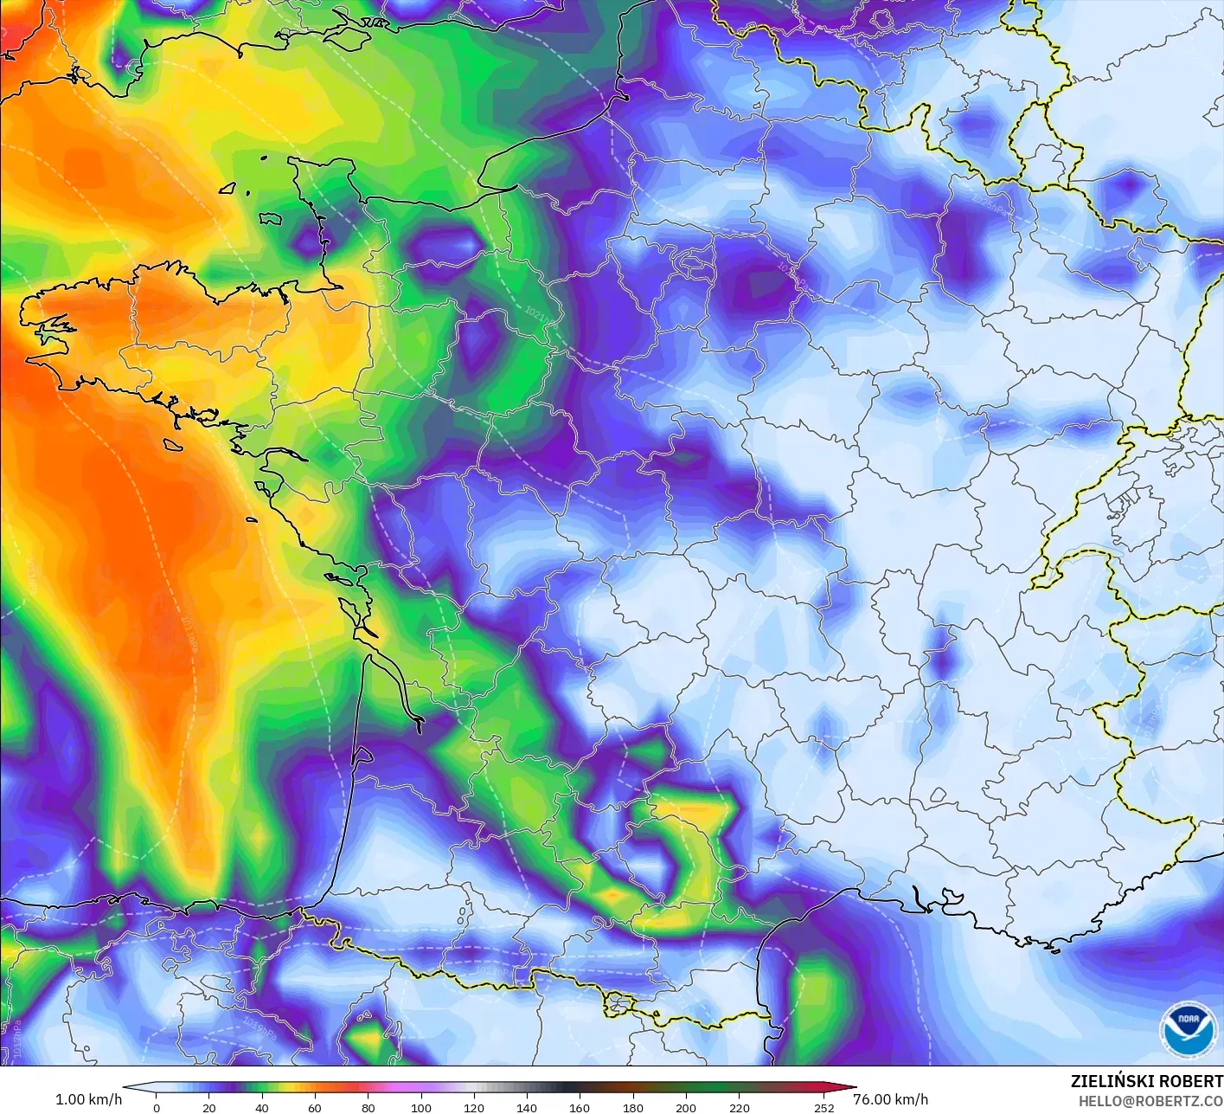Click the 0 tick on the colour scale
tap(157, 1107)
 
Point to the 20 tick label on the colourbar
tap(209, 1107)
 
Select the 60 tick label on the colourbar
tap(315, 1107)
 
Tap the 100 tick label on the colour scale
tap(421, 1107)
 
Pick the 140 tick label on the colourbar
tap(527, 1107)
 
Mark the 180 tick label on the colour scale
tap(633, 1107)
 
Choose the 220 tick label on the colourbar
tap(739, 1107)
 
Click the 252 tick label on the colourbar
tap(824, 1107)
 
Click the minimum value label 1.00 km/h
tap(88, 1099)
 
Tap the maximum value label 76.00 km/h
tap(890, 1099)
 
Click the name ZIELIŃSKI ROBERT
tap(1146, 1081)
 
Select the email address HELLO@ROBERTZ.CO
tap(1150, 1101)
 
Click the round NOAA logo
tap(1187, 1029)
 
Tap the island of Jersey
tap(271, 219)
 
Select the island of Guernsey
tap(228, 187)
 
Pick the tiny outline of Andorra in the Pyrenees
tap(620, 1003)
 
